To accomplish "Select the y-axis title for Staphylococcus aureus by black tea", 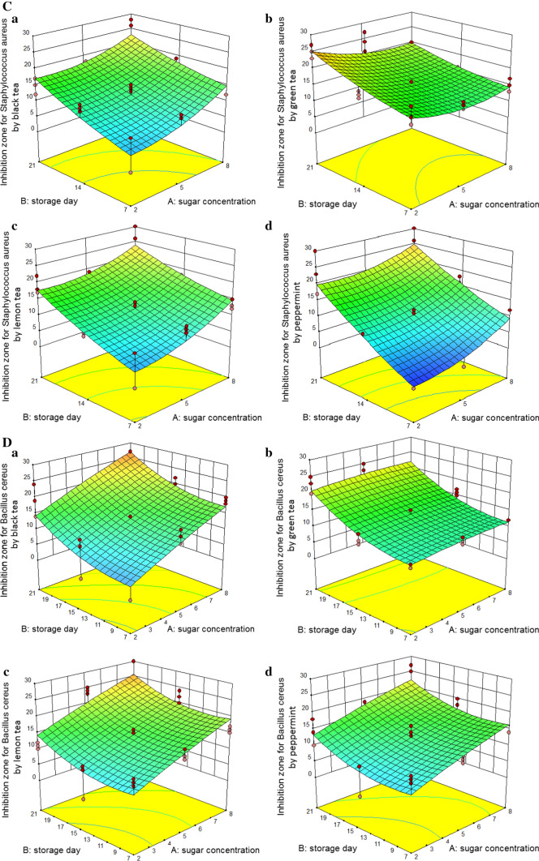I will (x=12, y=98).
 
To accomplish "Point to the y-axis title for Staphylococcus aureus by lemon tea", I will (x=12, y=309).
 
